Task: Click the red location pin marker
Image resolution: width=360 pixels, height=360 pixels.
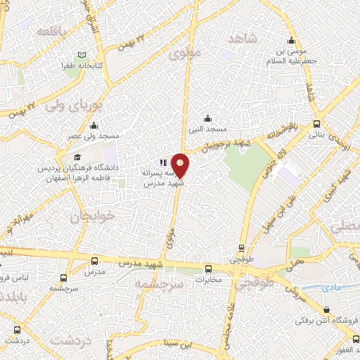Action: (180, 165)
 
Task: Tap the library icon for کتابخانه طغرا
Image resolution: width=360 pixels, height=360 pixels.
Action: (83, 56)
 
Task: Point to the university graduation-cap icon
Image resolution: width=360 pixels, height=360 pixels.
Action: (76, 157)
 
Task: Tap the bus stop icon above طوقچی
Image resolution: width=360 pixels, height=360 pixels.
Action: (241, 248)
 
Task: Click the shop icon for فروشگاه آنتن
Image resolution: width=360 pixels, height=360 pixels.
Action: (326, 310)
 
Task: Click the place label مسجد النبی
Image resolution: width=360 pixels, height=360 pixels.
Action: (206, 129)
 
